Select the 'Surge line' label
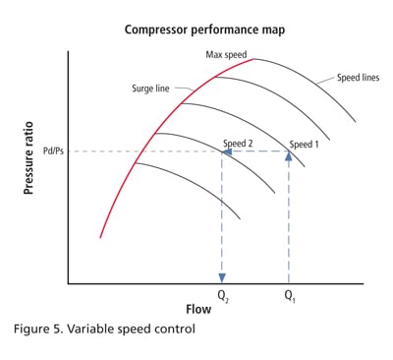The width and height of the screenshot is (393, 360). tap(151, 88)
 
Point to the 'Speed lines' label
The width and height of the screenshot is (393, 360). tap(358, 76)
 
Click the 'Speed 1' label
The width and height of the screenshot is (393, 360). tap(303, 144)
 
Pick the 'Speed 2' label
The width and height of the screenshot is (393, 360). tap(239, 144)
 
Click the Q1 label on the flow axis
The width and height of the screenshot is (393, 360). tap(288, 295)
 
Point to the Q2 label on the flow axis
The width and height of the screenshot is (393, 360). tap(223, 295)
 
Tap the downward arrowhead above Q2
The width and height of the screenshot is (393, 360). tap(222, 277)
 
